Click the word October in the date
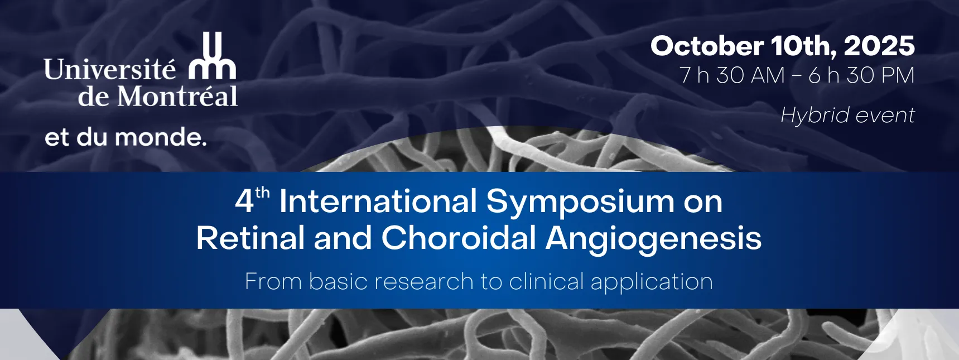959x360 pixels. point(707,46)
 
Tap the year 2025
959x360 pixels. point(879,46)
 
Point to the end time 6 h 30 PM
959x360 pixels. point(862,75)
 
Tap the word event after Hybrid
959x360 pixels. point(885,116)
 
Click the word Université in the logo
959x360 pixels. point(110,70)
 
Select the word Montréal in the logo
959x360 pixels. point(177,96)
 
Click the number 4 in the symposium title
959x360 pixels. point(244,201)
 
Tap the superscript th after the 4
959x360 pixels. point(262,193)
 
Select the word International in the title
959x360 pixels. point(378,201)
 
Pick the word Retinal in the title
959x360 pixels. point(250,238)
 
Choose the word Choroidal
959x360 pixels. point(459,238)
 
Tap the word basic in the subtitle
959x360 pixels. point(338,281)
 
